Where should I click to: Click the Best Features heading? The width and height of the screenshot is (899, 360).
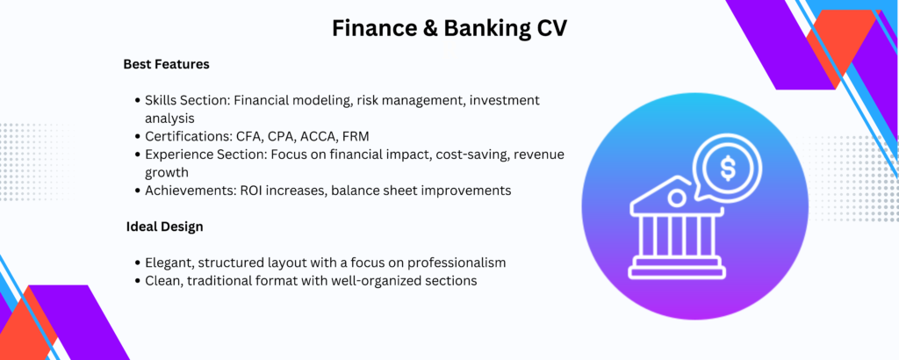(166, 64)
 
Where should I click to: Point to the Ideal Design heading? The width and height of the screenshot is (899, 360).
(164, 227)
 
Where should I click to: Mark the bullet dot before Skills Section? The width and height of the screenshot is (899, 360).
(138, 100)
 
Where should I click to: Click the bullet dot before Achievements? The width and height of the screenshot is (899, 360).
(138, 191)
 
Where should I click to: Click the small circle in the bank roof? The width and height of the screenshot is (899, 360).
(677, 198)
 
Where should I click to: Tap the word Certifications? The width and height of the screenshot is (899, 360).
(189, 136)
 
